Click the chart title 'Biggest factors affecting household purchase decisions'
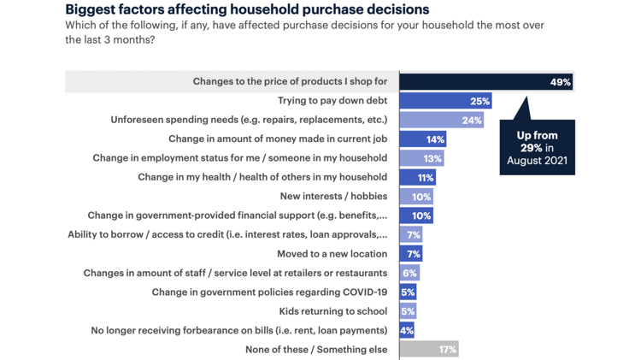point(247,10)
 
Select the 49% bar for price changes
point(485,82)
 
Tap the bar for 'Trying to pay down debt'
point(445,101)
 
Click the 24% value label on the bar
point(472,121)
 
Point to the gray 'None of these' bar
point(429,349)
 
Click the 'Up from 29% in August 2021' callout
point(537,147)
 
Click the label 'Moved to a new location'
point(332,254)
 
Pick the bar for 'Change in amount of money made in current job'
point(422,139)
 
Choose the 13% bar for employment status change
point(421,158)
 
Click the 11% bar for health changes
point(417,177)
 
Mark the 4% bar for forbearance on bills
point(407,330)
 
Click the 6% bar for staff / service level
point(409,273)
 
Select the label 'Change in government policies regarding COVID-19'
point(269,292)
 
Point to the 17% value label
point(447,349)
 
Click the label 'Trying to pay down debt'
point(332,101)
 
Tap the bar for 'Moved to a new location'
point(410,254)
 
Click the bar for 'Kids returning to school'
point(408,311)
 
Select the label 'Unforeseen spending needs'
point(249,120)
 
